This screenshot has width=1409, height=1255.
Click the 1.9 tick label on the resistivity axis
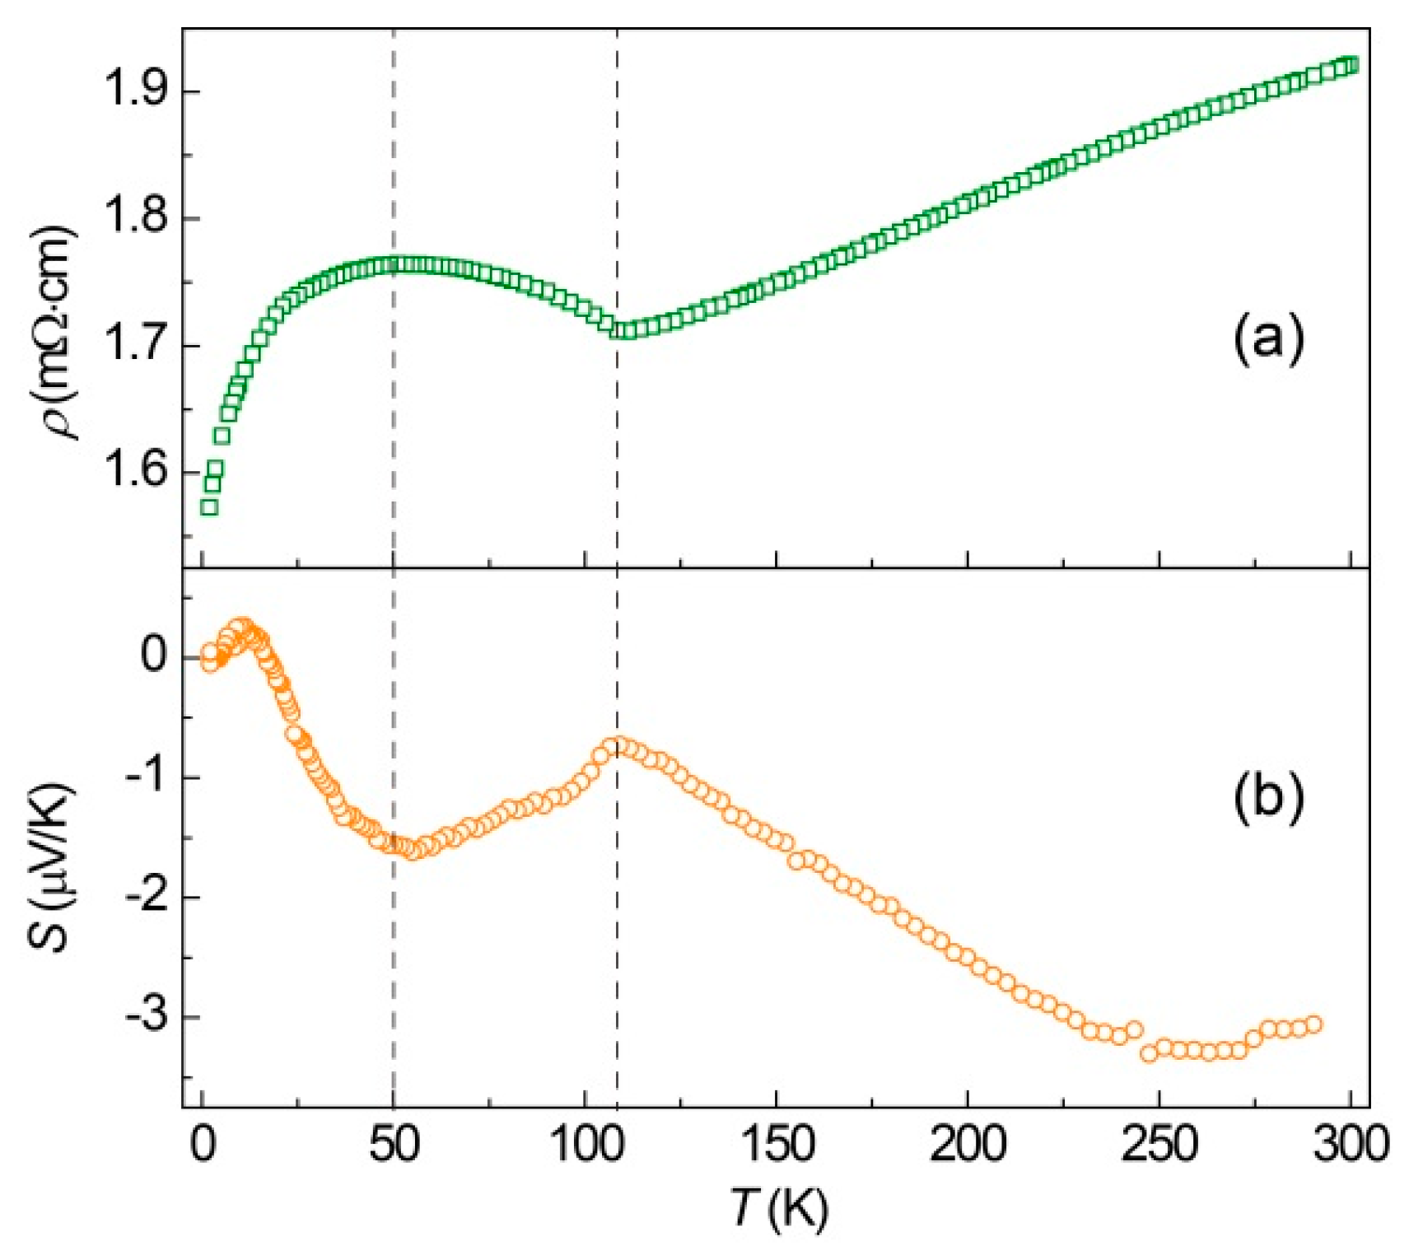(x=133, y=92)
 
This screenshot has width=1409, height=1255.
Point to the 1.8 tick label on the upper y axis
(x=133, y=219)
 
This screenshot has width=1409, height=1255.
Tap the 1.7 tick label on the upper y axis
(x=133, y=346)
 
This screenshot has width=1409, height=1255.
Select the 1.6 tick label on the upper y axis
(x=133, y=473)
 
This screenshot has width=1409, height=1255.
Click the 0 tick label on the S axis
(x=153, y=656)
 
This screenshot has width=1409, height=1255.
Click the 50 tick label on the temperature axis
(x=394, y=1144)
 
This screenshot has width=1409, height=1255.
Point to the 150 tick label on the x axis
(x=776, y=1144)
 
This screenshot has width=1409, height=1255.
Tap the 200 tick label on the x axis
(x=967, y=1144)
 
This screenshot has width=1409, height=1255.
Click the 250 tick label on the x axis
(x=1159, y=1144)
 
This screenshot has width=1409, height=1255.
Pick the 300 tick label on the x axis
(x=1349, y=1144)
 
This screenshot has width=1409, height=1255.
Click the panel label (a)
(x=1268, y=339)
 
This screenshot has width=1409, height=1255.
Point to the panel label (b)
(x=1268, y=796)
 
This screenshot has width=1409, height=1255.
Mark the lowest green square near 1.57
(x=209, y=507)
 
